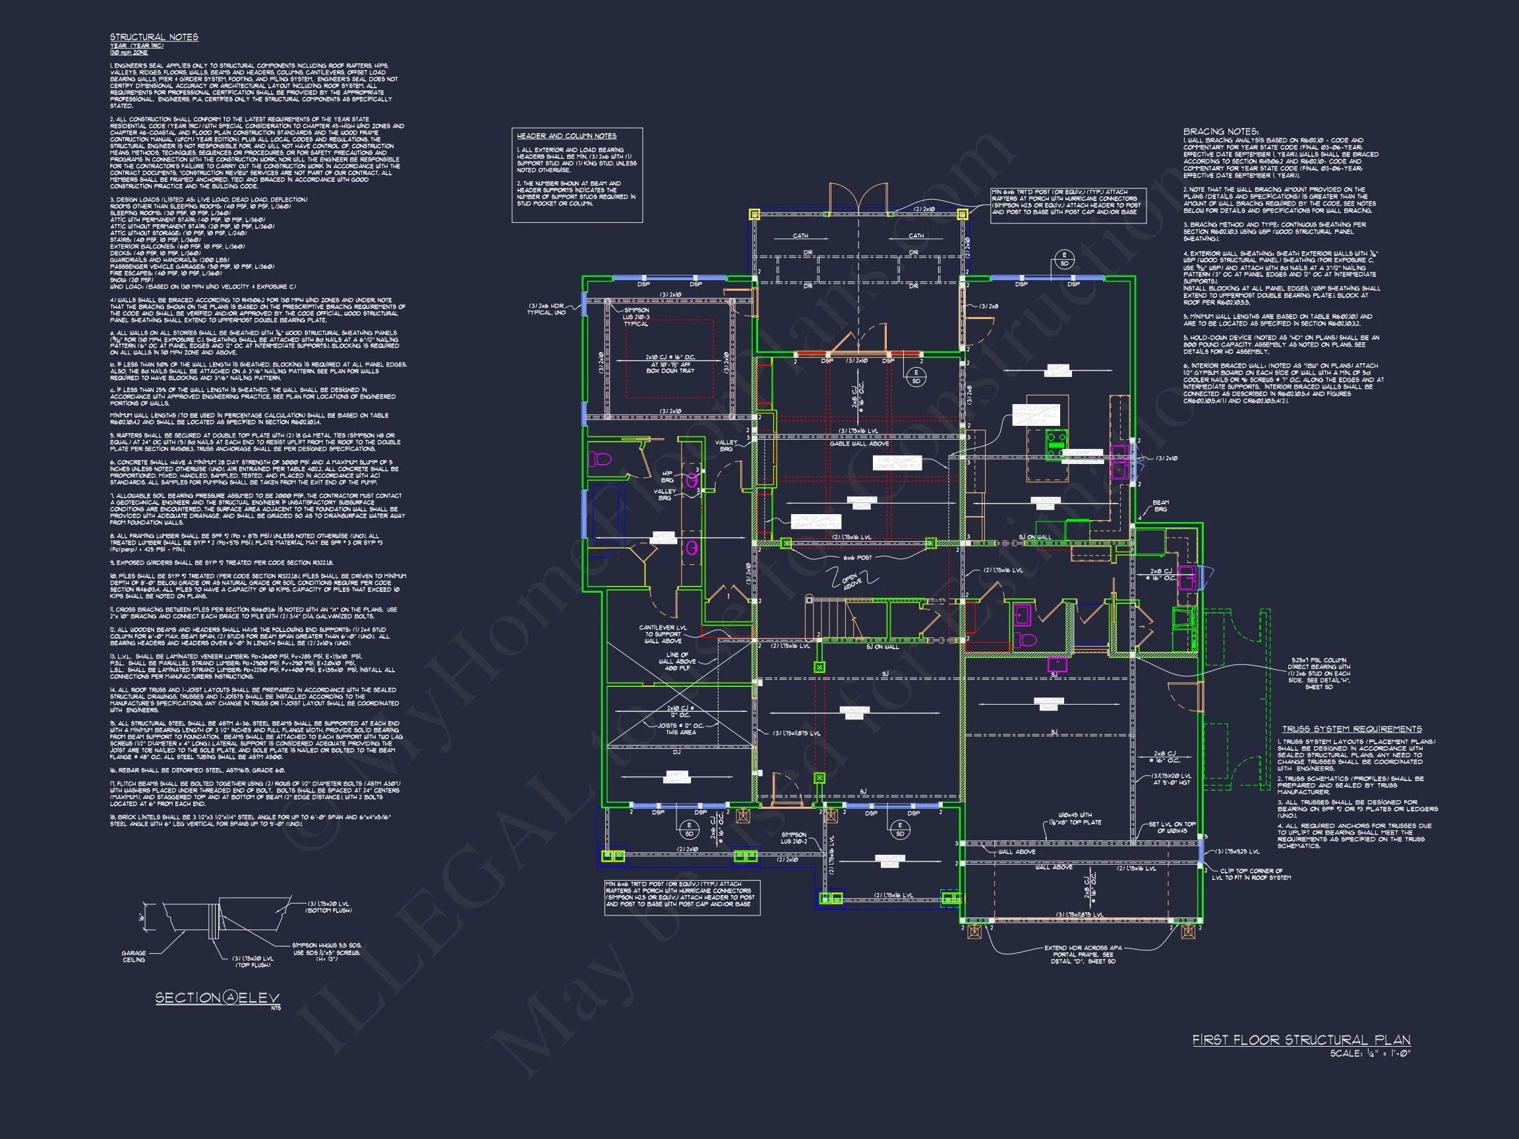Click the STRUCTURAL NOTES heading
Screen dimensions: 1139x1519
coord(154,37)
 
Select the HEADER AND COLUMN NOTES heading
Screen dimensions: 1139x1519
coord(566,136)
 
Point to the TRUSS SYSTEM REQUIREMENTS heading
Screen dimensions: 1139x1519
coord(1352,729)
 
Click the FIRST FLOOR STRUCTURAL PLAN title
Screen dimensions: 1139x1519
coord(1301,1040)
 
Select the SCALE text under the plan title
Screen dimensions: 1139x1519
coord(1369,1053)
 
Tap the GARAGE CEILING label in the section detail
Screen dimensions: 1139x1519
coord(134,956)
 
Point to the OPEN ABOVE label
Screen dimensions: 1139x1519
coord(852,581)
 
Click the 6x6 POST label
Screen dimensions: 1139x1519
coord(857,558)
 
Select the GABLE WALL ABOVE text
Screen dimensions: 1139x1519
coord(859,444)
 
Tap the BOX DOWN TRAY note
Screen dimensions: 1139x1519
coord(670,370)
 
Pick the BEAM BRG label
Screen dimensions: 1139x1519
coord(1160,506)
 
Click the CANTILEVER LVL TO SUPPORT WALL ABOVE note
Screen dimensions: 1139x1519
coord(663,633)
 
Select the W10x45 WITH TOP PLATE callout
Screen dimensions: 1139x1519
coord(1075,819)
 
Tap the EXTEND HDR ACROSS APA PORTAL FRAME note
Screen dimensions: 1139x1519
coord(1083,954)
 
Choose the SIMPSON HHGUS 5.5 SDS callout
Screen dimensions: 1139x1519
coord(327,952)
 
